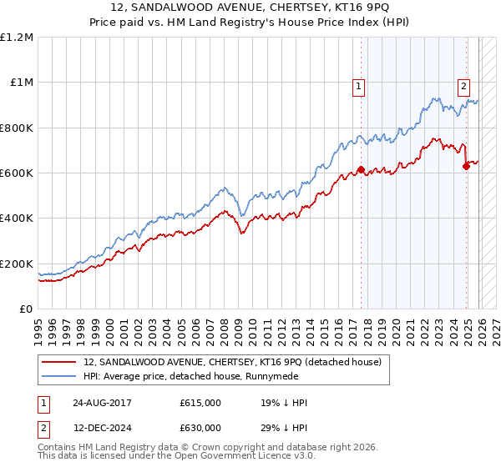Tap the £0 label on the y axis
coord(27,309)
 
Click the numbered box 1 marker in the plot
coord(358,84)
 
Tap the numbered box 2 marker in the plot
coord(463,84)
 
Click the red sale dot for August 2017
coord(362,169)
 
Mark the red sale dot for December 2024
coord(466,166)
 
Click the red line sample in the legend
coord(59,362)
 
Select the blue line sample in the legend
coord(59,376)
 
